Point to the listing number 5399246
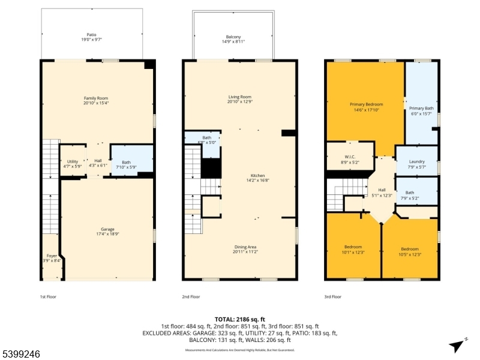coord(21,354)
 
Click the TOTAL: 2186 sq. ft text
coord(239,319)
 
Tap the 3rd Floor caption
coord(332,296)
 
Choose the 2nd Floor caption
coord(191,296)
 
